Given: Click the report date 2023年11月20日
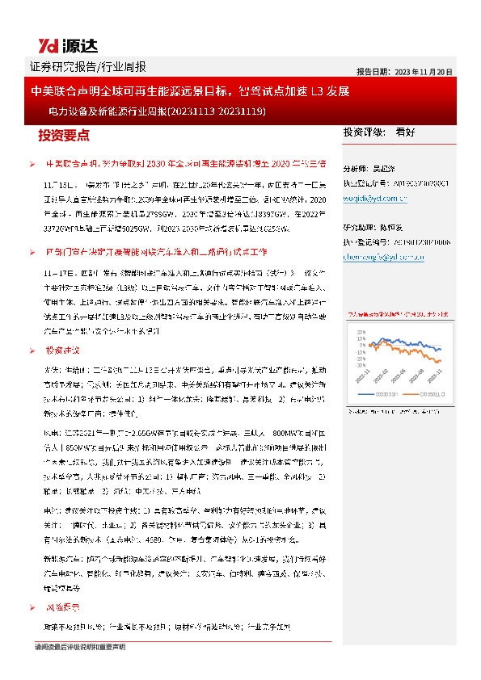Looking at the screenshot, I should tap(404, 71).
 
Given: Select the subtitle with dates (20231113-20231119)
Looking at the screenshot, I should tap(157, 111).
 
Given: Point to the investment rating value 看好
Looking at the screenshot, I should tap(405, 131).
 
